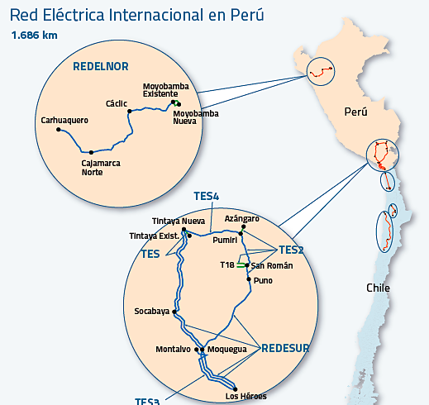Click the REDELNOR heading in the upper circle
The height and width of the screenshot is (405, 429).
pos(101,66)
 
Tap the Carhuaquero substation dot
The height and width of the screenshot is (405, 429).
pos(59,129)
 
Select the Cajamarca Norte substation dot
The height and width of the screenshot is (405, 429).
pos(91,152)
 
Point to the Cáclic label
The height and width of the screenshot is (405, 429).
pos(117,103)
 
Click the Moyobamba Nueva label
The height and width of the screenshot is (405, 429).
pos(196,117)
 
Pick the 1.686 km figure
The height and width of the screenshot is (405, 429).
pos(35,36)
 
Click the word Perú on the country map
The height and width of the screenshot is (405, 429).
pos(355,112)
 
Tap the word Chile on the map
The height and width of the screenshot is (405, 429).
pos(378,288)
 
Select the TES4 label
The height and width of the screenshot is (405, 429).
pos(207,196)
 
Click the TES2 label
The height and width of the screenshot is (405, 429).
pos(291,250)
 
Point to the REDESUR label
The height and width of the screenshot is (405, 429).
pos(285,348)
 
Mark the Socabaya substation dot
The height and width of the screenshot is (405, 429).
pos(174,312)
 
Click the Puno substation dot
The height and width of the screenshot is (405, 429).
pos(249,279)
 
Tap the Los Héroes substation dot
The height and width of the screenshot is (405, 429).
pos(235,389)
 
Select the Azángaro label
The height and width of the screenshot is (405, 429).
pos(242,219)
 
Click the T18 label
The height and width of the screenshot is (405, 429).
pos(227,265)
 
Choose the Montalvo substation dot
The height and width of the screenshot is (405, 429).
pos(197,350)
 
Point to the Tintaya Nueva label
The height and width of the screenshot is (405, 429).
pos(179,221)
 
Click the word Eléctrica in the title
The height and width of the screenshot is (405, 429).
pos(74,15)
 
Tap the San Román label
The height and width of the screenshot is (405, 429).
pos(272,265)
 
